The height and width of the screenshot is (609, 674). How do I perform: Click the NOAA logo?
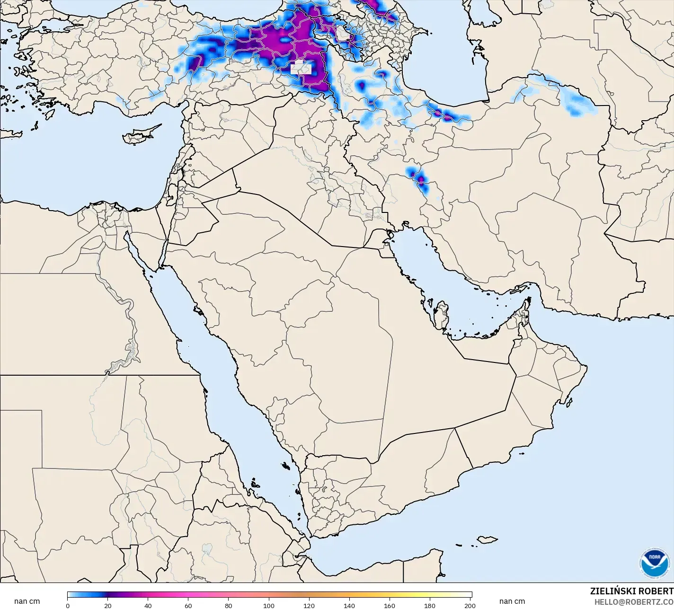click(655, 563)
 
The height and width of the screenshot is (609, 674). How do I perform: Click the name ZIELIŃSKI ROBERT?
click(631, 591)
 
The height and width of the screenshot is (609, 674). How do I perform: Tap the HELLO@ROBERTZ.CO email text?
click(634, 602)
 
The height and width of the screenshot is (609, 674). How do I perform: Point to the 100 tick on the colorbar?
click(269, 606)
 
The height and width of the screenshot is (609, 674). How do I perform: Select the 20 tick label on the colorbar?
click(108, 606)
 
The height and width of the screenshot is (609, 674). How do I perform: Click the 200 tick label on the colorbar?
click(470, 606)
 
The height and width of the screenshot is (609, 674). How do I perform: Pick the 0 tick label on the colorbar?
click(68, 606)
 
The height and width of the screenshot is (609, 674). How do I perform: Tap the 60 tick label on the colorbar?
click(188, 606)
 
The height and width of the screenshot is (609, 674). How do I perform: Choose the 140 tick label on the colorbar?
click(349, 606)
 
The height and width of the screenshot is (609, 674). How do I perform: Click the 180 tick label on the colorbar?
click(430, 606)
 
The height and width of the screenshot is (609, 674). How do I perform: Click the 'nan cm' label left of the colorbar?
click(27, 601)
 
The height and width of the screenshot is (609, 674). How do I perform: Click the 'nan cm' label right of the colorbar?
click(512, 601)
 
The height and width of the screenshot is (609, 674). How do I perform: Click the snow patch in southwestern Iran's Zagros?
click(419, 180)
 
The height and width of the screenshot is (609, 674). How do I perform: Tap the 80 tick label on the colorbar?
click(229, 606)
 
